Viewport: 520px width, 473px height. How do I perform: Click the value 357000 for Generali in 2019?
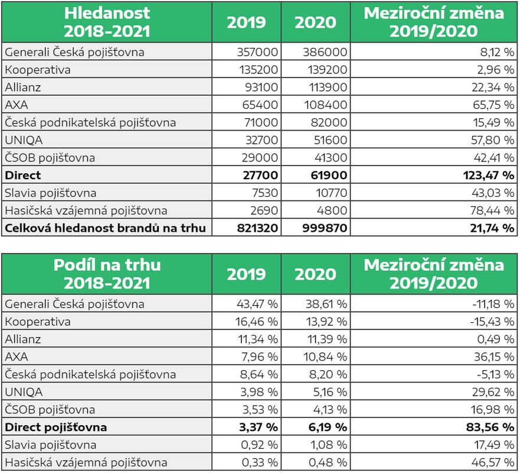[x=257, y=52]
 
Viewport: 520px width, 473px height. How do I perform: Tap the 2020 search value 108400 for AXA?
[x=325, y=105]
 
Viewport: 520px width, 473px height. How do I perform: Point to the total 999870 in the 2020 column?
[x=325, y=228]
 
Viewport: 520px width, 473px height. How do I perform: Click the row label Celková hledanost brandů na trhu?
[x=106, y=228]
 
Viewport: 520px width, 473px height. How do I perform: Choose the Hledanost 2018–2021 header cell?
[x=107, y=22]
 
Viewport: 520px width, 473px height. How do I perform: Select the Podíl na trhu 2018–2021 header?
[x=107, y=274]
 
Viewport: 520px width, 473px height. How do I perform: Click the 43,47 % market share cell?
[x=257, y=304]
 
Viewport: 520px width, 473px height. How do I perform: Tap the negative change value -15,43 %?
[x=492, y=322]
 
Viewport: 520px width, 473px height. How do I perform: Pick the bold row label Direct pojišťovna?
[x=55, y=427]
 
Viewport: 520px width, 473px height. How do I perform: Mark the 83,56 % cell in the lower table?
[x=490, y=427]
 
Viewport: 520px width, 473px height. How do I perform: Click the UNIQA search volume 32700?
[x=261, y=140]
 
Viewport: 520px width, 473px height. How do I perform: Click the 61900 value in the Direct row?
[x=329, y=176]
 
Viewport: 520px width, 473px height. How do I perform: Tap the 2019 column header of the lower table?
[x=246, y=274]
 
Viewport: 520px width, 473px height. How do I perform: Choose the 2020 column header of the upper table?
[x=315, y=22]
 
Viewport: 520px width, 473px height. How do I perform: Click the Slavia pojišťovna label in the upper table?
[x=50, y=193]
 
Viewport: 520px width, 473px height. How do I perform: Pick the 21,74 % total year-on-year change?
[x=492, y=228]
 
